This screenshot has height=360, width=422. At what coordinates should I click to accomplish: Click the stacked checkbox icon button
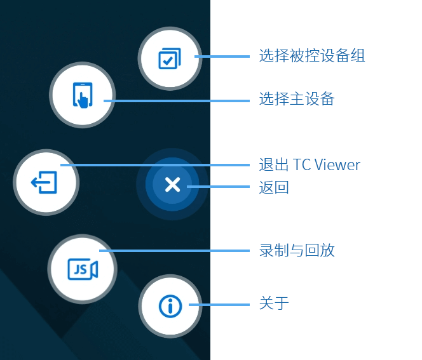[x=170, y=58]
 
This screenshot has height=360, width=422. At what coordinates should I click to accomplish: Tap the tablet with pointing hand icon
[x=83, y=95]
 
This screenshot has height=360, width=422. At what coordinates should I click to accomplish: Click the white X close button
[x=172, y=184]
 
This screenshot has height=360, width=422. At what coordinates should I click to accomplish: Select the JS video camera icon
[x=83, y=269]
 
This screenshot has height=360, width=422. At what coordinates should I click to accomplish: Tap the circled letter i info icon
[x=170, y=306]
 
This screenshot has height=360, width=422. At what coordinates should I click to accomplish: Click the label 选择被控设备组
[x=312, y=56]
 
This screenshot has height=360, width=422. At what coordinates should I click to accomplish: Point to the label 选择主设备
[x=297, y=98]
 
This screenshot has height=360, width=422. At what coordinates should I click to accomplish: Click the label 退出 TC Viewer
[x=310, y=164]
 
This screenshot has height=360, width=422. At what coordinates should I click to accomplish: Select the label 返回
[x=274, y=187]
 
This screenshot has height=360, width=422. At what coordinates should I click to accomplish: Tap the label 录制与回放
[x=297, y=251]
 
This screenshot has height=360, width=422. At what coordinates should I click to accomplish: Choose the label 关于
[x=274, y=303]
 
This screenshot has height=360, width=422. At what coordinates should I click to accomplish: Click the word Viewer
[x=337, y=165]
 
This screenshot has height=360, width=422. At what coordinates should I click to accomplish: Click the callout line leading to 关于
[x=219, y=305]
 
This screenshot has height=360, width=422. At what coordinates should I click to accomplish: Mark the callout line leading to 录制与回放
[x=174, y=251]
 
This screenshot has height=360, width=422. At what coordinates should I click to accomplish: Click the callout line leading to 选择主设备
[x=177, y=101]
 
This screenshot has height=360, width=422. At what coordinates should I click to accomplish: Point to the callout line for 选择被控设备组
[x=222, y=57]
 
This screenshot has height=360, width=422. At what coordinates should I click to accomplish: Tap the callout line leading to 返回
[x=218, y=187]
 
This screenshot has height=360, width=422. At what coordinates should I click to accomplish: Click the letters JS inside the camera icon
[x=80, y=269]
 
